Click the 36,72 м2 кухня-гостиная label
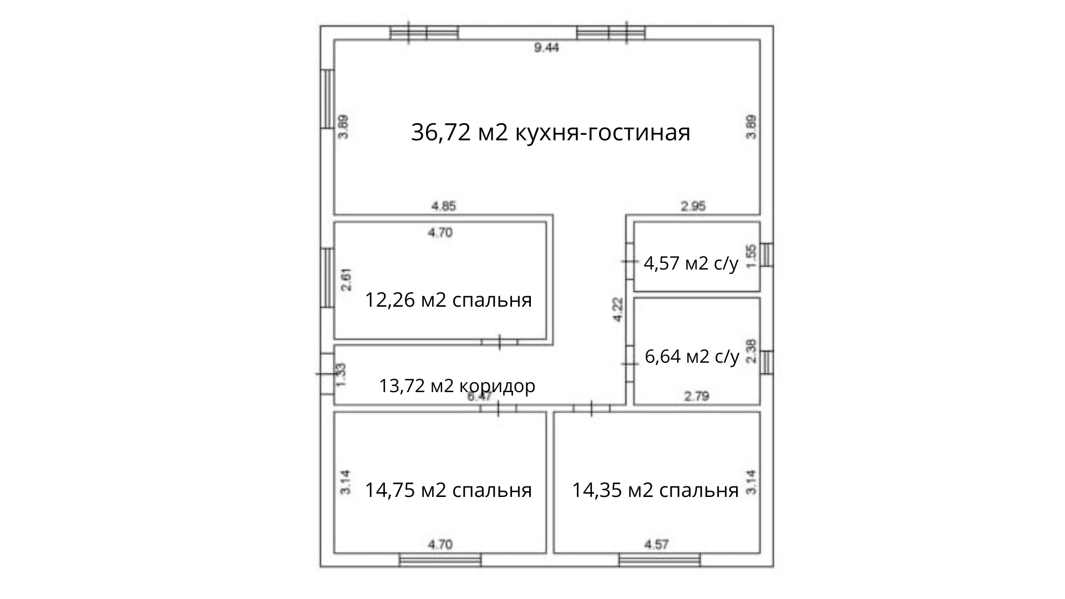pyautogui.click(x=550, y=133)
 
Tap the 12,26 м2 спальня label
pyautogui.click(x=448, y=300)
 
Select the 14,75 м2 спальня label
pyautogui.click(x=448, y=490)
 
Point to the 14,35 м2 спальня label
pyautogui.click(x=655, y=490)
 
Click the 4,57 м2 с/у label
pyautogui.click(x=691, y=263)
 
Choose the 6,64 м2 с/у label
pyautogui.click(x=692, y=356)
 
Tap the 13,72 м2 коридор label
pyautogui.click(x=457, y=385)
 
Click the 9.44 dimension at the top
pyautogui.click(x=546, y=48)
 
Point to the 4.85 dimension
pyautogui.click(x=444, y=206)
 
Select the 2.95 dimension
pyautogui.click(x=693, y=206)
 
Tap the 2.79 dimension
pyautogui.click(x=697, y=397)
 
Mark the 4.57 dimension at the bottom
pyautogui.click(x=656, y=545)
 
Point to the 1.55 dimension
pyautogui.click(x=751, y=257)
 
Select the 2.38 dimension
pyautogui.click(x=751, y=351)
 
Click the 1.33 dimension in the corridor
pyautogui.click(x=342, y=375)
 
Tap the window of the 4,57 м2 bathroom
pyautogui.click(x=767, y=255)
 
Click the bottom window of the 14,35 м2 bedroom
pyautogui.click(x=660, y=560)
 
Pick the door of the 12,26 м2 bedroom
pyautogui.click(x=499, y=342)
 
